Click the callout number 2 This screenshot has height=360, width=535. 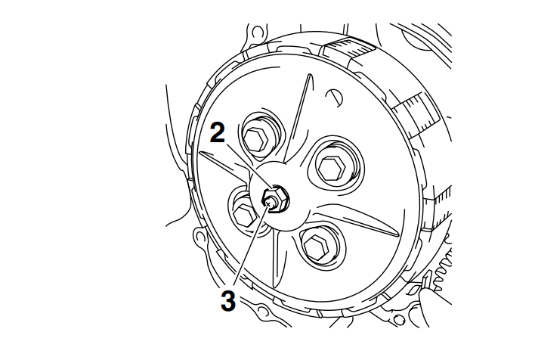click(218, 132)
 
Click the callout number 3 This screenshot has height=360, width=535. click(228, 300)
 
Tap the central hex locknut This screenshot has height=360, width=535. click(274, 200)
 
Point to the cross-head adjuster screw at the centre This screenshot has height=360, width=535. click(270, 203)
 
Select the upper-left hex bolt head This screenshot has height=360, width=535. click(255, 138)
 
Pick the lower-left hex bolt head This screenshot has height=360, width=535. click(244, 214)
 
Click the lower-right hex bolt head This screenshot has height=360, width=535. click(316, 247)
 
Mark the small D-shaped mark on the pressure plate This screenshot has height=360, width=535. click(335, 98)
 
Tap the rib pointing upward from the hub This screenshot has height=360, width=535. click(298, 118)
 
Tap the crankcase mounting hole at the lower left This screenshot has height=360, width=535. click(200, 236)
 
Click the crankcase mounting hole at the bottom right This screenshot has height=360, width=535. click(398, 320)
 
